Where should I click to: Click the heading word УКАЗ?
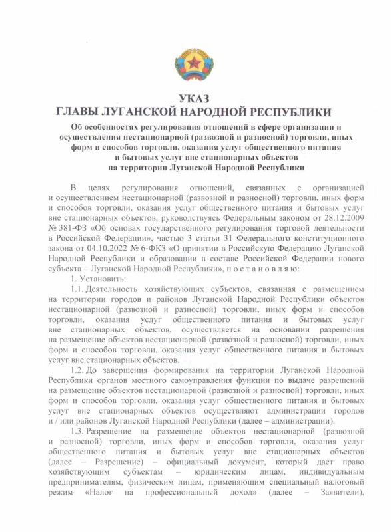195,98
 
